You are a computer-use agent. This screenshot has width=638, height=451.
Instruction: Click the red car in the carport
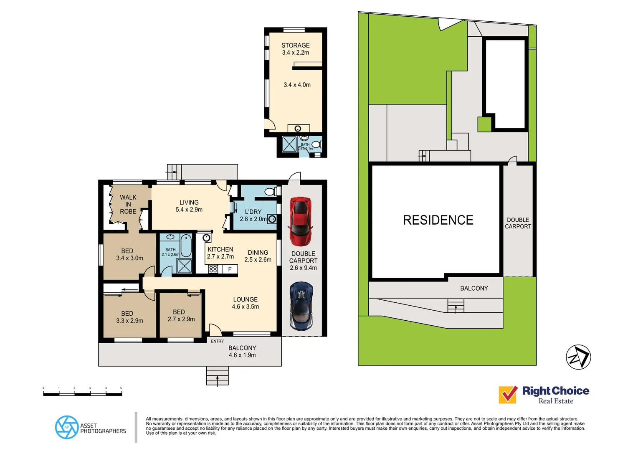[301, 221]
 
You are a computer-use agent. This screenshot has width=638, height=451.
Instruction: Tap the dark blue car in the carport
[301, 306]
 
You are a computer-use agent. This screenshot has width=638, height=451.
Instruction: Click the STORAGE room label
[295, 46]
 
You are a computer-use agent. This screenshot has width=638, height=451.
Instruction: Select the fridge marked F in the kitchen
[230, 269]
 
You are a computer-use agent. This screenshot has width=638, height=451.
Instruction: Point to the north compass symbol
[578, 357]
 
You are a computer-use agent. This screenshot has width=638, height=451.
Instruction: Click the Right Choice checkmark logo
[508, 394]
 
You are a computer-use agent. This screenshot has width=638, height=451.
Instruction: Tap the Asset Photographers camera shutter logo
[66, 427]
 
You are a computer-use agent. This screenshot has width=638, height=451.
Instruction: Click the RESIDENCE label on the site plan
[438, 220]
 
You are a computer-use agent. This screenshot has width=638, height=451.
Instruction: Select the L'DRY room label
[253, 212]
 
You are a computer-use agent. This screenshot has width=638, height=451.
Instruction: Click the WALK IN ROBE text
[128, 204]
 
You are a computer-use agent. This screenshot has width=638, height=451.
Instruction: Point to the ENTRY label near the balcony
[217, 341]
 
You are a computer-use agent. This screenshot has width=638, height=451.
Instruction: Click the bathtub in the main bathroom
[186, 246]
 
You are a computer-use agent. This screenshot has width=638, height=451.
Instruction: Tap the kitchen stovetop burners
[213, 269]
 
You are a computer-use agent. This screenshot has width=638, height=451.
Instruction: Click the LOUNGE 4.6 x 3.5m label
[246, 303]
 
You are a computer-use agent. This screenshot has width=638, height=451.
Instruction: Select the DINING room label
[258, 253]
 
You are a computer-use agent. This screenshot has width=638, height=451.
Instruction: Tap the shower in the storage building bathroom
[289, 144]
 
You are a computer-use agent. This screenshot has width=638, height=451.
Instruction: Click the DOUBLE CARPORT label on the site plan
[518, 223]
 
